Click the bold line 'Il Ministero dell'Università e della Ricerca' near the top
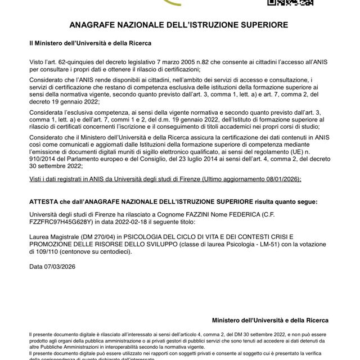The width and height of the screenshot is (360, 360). [x=90, y=43]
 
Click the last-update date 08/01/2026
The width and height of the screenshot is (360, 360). [x=281, y=179]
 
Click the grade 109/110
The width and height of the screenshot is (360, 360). [x=42, y=252]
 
